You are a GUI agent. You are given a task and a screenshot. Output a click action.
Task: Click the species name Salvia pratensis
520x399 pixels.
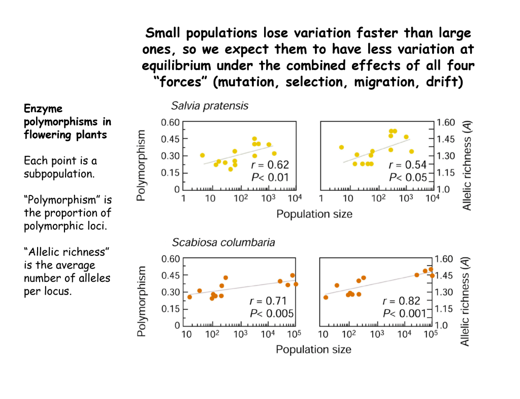coord(209,106)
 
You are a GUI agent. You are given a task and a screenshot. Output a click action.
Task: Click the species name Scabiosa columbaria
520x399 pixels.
coord(223,242)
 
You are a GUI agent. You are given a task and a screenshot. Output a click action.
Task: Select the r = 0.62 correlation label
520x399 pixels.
coord(270,164)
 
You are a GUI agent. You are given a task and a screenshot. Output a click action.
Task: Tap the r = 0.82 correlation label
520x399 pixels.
coord(404,301)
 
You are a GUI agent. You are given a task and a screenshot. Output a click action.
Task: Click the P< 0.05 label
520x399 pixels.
coord(408,177)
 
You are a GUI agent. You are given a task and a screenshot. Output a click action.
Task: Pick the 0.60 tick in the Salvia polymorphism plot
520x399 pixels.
coord(170,122)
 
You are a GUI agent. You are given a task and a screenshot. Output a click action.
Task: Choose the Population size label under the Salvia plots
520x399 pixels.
coord(314,214)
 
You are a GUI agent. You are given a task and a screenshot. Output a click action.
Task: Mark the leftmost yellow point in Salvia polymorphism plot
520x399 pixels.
coord(202,155)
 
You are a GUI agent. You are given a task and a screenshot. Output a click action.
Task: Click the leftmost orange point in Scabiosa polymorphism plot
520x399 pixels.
coord(189,297)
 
